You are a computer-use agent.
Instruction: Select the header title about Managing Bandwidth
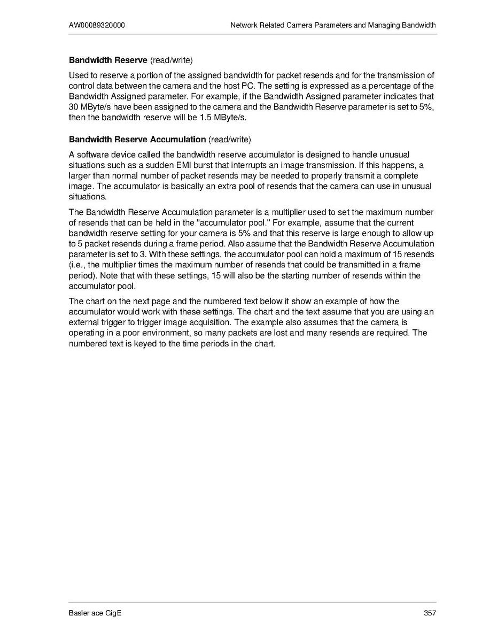tap(333, 25)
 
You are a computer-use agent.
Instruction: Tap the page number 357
tap(430, 613)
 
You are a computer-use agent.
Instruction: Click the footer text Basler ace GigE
tap(95, 613)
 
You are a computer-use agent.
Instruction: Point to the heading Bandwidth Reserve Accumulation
tap(137, 140)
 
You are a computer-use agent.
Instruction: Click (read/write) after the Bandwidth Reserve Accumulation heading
tap(229, 140)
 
